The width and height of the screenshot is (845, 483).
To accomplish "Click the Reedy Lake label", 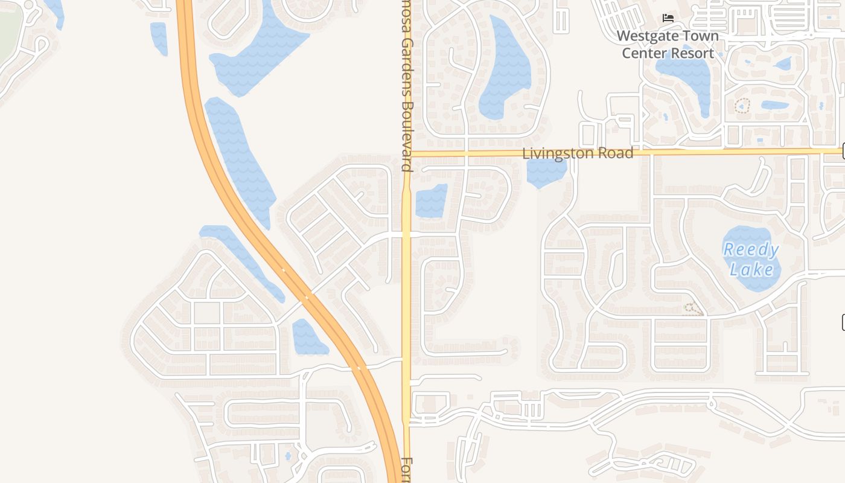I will pos(751,258).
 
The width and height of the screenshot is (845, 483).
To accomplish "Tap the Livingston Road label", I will pos(578,153).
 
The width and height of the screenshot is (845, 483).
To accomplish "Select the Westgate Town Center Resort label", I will pos(668,44).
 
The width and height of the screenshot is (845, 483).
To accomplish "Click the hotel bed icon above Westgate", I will pos(668,18).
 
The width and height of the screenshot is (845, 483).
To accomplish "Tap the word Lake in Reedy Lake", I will pos(751,268).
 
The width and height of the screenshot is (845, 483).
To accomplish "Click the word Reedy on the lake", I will pos(751,249).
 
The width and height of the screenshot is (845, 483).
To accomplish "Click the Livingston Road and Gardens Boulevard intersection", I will pos(407,154).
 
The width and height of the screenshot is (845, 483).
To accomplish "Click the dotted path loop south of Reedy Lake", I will pos(692,309).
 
